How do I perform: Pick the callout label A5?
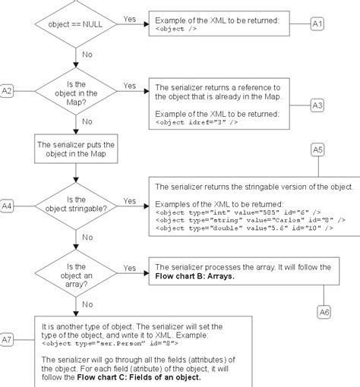(x=318, y=151)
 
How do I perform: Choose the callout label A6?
(x=324, y=310)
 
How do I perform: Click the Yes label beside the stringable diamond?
(x=130, y=201)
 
